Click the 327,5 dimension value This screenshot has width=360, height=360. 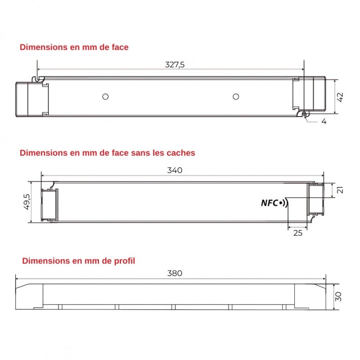(175, 64)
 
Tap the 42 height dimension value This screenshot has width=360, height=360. (340, 97)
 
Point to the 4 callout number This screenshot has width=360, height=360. (324, 121)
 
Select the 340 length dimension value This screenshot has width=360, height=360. (175, 170)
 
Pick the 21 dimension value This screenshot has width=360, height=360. (340, 190)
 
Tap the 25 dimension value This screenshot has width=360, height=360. (298, 233)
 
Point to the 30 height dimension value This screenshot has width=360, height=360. (339, 297)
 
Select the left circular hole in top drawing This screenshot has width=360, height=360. (105, 96)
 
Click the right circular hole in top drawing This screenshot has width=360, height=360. (235, 96)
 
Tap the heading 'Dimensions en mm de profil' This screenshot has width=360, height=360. (78, 261)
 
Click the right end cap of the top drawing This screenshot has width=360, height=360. (315, 93)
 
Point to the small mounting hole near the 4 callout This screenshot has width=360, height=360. (305, 114)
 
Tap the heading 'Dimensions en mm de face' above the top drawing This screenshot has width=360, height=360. (74, 47)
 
